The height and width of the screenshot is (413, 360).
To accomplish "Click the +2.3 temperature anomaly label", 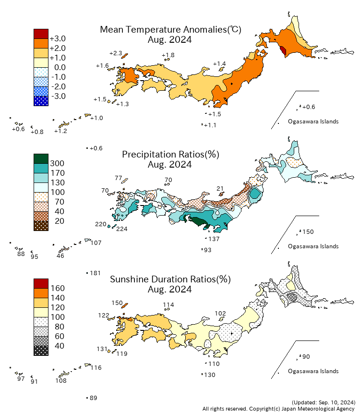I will [x=116, y=53].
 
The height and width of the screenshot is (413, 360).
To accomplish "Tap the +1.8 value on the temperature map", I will [x=168, y=55].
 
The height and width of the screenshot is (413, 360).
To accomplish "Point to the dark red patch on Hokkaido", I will [x=283, y=50].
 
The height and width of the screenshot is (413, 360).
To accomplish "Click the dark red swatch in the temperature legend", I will [x=41, y=34].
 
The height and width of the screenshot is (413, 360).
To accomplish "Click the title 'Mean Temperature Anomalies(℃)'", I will [x=170, y=29].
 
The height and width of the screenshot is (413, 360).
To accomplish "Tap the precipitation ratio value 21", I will [x=220, y=188].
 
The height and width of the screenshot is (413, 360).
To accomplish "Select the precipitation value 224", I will [x=122, y=229].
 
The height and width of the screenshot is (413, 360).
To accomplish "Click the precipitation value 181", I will [x=95, y=273].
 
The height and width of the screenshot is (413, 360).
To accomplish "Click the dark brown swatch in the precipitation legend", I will [x=41, y=226].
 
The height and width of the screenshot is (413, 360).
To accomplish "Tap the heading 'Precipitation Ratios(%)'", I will [x=170, y=154].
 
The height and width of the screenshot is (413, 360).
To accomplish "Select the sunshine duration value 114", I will [x=168, y=304].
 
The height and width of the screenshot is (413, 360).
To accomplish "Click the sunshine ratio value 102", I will [x=220, y=313].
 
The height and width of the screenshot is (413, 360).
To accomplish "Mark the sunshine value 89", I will [x=94, y=398].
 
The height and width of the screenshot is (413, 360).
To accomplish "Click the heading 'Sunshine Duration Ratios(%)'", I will [x=170, y=279].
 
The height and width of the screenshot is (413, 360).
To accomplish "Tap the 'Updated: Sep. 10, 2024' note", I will [x=323, y=401].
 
